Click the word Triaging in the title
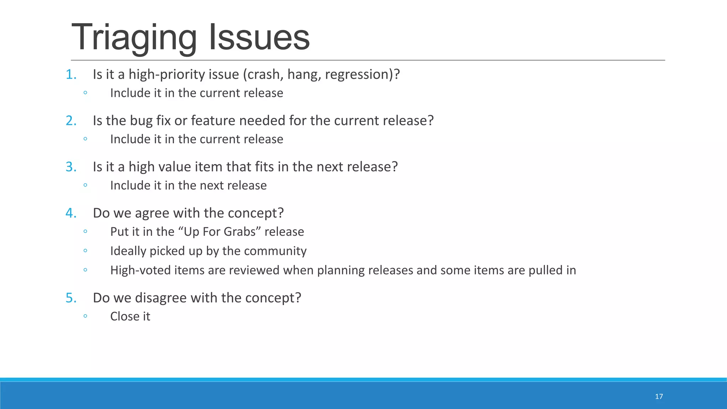[134, 37]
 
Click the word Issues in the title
[259, 37]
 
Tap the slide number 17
[659, 397]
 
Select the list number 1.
[71, 75]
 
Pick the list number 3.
[71, 167]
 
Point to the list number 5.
[71, 298]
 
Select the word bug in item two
[141, 121]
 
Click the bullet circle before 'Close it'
[85, 316]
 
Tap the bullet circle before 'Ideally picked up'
[85, 251]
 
